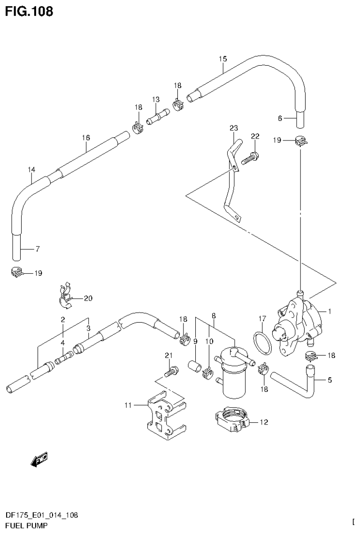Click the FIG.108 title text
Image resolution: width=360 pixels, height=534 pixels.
coord(29,11)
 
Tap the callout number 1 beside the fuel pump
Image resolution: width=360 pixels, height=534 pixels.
coord(330,311)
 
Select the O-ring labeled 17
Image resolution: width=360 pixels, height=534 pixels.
coord(263,342)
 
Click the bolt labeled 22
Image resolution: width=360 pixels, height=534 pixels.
coord(250,158)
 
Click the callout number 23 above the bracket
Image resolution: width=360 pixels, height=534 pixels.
coord(234,128)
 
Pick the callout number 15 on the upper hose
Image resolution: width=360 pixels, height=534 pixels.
coord(222,59)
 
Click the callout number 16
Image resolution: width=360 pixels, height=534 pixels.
coord(85,138)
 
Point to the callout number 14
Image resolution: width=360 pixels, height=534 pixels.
coord(31,169)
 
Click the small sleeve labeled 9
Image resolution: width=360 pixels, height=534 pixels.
coord(195,365)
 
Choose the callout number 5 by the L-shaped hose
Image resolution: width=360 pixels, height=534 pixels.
coord(329,380)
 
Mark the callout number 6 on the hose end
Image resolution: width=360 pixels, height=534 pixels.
coord(280,118)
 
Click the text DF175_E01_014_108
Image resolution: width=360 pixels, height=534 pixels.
coord(41,515)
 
